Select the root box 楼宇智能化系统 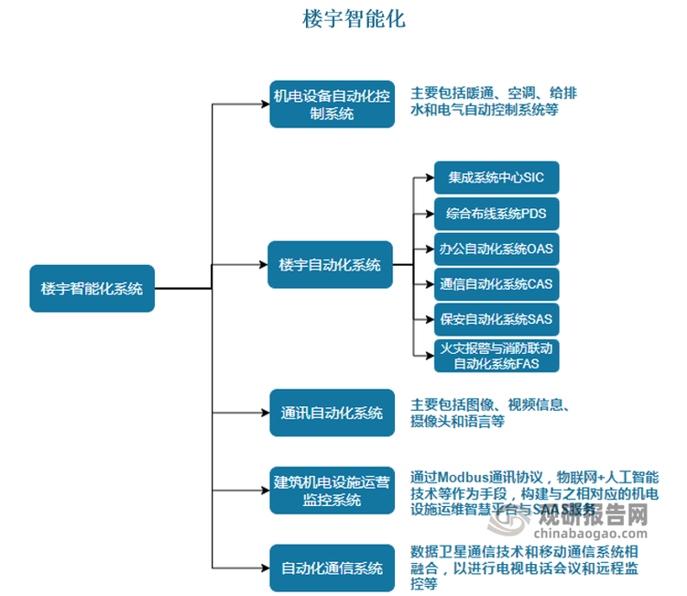pyautogui.click(x=92, y=288)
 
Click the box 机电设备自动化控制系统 pyautogui.click(x=332, y=105)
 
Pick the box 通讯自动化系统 pyautogui.click(x=332, y=413)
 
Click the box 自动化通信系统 pyautogui.click(x=332, y=568)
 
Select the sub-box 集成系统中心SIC pyautogui.click(x=496, y=177)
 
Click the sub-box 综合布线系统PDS pyautogui.click(x=496, y=214)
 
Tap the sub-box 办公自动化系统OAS pyautogui.click(x=496, y=248)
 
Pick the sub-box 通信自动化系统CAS pyautogui.click(x=496, y=284)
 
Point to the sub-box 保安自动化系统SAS pyautogui.click(x=496, y=320)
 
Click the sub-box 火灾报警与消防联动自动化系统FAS pyautogui.click(x=496, y=356)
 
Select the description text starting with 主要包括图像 pyautogui.click(x=490, y=413)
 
